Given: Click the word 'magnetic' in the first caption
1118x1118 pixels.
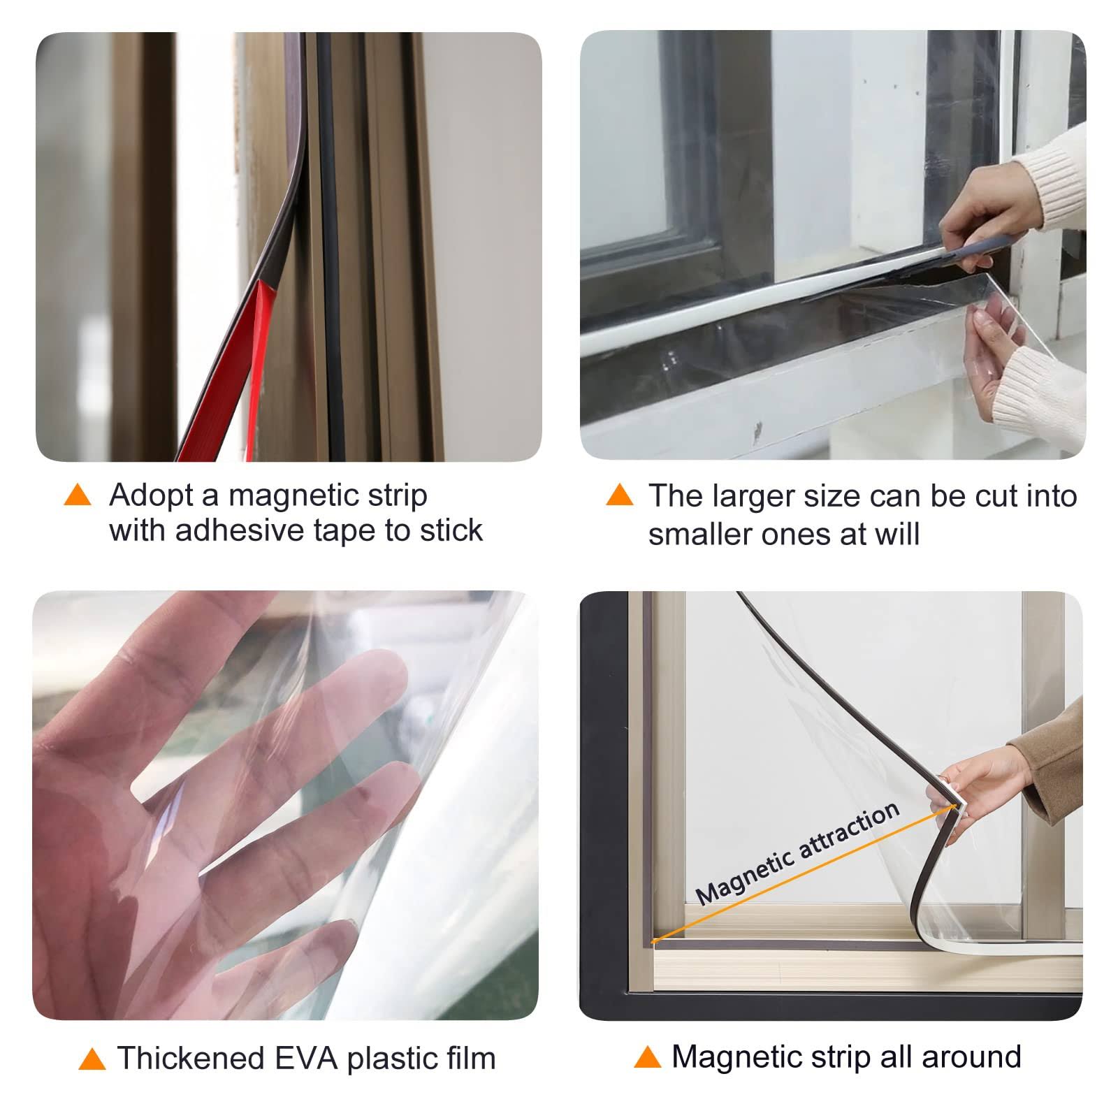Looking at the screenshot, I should (x=291, y=496).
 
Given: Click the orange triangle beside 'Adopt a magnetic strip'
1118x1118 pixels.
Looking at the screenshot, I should (x=78, y=495).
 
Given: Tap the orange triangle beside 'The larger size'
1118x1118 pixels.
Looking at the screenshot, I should (x=619, y=495).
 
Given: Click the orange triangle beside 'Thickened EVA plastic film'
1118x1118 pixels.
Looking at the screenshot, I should (x=92, y=1059).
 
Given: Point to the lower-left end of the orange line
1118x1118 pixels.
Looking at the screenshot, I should (x=653, y=941).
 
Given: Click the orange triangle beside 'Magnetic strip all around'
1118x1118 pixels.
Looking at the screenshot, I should (x=647, y=1057).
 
